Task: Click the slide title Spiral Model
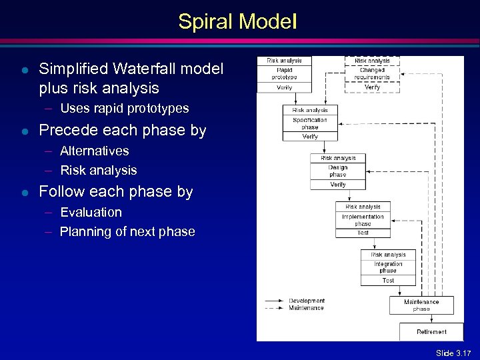(237, 22)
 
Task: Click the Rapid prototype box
(284, 73)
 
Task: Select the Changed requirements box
(372, 73)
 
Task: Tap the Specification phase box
(310, 123)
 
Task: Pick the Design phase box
(338, 171)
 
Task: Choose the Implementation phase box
(363, 220)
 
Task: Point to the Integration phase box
(388, 267)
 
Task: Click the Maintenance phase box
(421, 305)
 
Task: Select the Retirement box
(431, 331)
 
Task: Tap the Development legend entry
(306, 301)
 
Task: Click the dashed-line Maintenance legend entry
(306, 307)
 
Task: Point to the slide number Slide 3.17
(453, 353)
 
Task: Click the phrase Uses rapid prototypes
(124, 108)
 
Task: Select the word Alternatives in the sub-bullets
(94, 151)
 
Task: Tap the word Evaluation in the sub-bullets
(91, 212)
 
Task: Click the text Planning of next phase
(127, 232)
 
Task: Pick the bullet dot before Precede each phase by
(24, 131)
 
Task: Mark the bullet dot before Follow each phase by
(24, 192)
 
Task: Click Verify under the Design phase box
(338, 185)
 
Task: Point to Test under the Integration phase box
(388, 281)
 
